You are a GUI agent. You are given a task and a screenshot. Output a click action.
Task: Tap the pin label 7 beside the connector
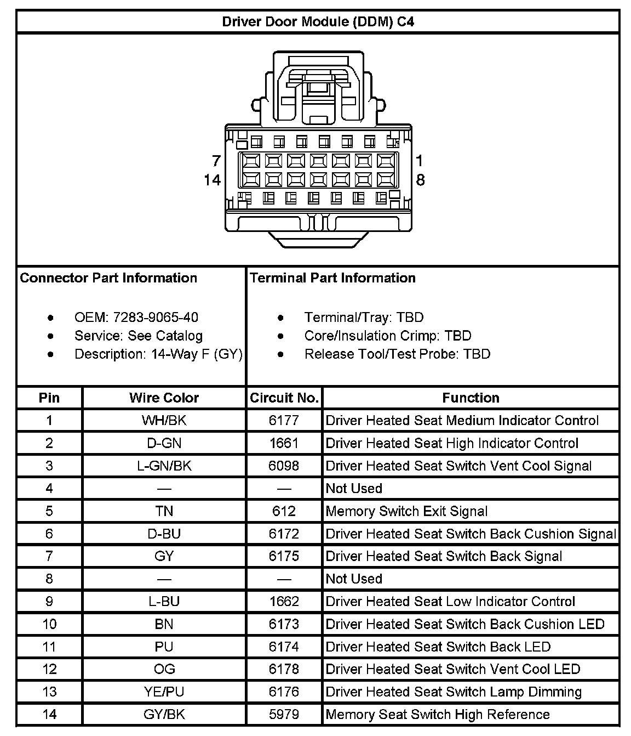coord(216,161)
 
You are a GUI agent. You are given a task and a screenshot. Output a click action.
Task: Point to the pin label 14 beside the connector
coord(212,180)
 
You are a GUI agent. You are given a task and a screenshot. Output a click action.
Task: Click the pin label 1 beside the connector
coord(419,161)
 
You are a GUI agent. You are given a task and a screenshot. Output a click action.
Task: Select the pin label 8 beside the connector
coord(420,180)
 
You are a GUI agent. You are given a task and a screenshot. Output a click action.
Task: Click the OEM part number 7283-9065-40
coord(156,318)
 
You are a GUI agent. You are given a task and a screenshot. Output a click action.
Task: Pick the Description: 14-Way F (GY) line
coord(158,354)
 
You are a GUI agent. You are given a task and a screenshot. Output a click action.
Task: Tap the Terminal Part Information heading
coord(332,278)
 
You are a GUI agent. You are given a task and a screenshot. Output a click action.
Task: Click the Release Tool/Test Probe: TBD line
coord(397,354)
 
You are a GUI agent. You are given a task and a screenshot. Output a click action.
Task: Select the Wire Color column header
coord(164,398)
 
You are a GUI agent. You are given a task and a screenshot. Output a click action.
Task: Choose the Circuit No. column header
coord(284,398)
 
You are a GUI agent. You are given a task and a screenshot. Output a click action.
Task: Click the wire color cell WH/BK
coord(164,421)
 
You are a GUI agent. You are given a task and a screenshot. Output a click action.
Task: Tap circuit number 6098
coord(284,466)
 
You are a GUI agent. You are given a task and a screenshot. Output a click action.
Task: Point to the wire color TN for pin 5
coord(164,512)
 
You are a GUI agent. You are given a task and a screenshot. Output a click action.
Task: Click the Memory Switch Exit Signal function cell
coord(406,512)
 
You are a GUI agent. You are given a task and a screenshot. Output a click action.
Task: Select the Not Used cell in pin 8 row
coord(354,579)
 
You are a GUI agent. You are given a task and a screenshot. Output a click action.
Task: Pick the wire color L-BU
coord(164,602)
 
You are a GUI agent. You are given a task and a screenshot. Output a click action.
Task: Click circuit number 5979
coord(284,715)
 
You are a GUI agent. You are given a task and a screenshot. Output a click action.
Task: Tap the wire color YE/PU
coord(164,692)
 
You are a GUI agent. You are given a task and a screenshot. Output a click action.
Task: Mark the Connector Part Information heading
coord(108,278)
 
